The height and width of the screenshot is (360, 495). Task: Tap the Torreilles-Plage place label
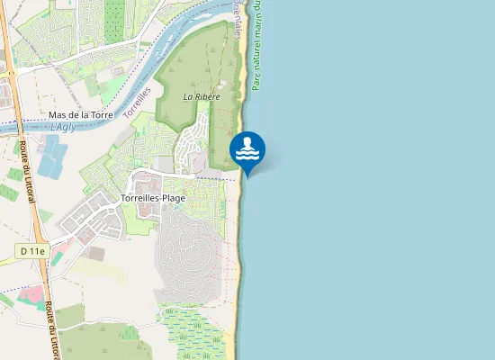tap(153, 198)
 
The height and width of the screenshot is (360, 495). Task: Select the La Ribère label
tap(201, 94)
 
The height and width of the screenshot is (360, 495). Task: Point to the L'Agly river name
tap(63, 127)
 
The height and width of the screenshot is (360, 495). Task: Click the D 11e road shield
tap(31, 252)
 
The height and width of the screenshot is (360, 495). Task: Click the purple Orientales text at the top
tap(238, 18)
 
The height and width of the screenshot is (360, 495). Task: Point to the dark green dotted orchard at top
tap(114, 20)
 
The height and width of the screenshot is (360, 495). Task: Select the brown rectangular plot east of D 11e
tap(95, 254)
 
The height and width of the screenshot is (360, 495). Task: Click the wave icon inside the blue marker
tap(247, 154)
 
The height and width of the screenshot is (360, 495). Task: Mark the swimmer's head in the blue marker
tap(251, 141)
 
